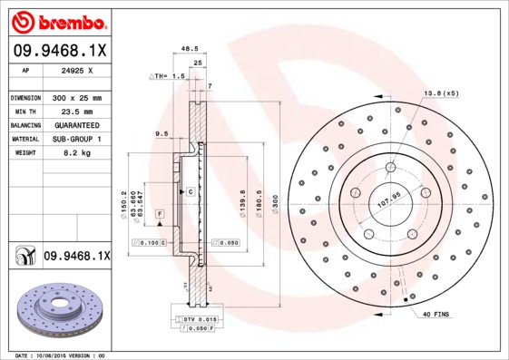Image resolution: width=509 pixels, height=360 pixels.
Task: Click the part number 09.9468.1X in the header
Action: click(x=59, y=51)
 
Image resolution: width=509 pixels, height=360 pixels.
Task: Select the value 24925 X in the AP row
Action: click(x=78, y=69)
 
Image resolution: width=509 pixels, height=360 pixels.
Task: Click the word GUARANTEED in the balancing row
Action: click(x=76, y=124)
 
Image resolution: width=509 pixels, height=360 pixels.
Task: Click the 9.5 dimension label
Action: click(x=162, y=134)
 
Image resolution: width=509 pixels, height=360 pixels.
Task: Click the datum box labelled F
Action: click(x=159, y=213)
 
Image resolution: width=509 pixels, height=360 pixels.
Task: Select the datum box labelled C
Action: click(x=191, y=192)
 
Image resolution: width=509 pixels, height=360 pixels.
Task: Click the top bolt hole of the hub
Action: click(x=390, y=166)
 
